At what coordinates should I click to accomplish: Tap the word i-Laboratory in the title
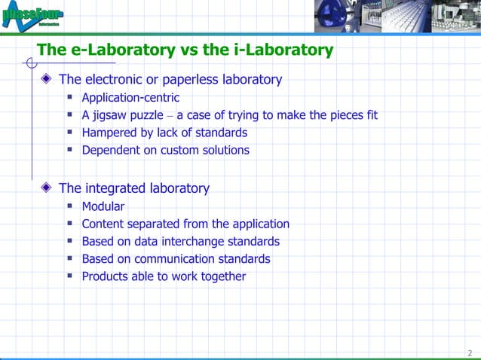286,50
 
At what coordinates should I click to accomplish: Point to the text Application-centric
130,98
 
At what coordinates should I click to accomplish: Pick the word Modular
103,206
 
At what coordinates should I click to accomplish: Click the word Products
106,276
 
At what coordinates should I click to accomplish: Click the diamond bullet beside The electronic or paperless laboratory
48,79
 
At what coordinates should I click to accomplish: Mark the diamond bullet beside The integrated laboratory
48,188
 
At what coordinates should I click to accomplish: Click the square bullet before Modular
69,206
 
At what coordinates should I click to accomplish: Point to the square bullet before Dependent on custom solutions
69,149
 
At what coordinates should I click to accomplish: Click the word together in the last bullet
222,276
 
